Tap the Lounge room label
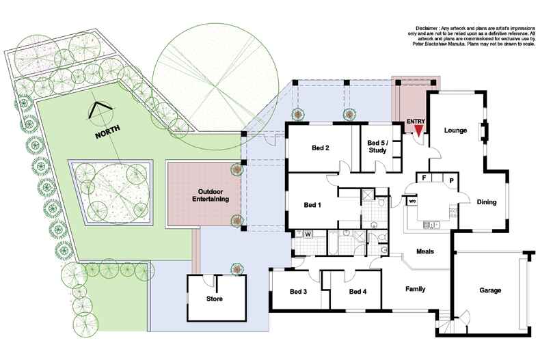pyautogui.click(x=455, y=130)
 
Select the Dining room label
pyautogui.click(x=486, y=202)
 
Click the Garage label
pyautogui.click(x=489, y=290)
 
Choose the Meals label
pyautogui.click(x=424, y=251)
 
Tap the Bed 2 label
pyautogui.click(x=321, y=148)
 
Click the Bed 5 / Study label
pyautogui.click(x=377, y=146)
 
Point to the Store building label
pyautogui.click(x=214, y=299)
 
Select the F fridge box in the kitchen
pyautogui.click(x=424, y=178)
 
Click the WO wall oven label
pyautogui.click(x=412, y=202)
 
